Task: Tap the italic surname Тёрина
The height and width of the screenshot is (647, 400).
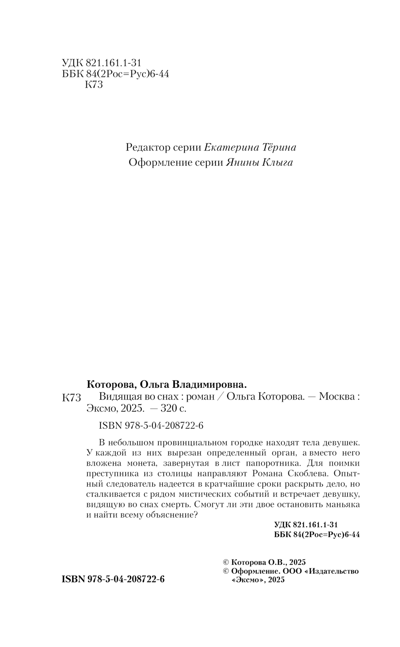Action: [278, 148]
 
